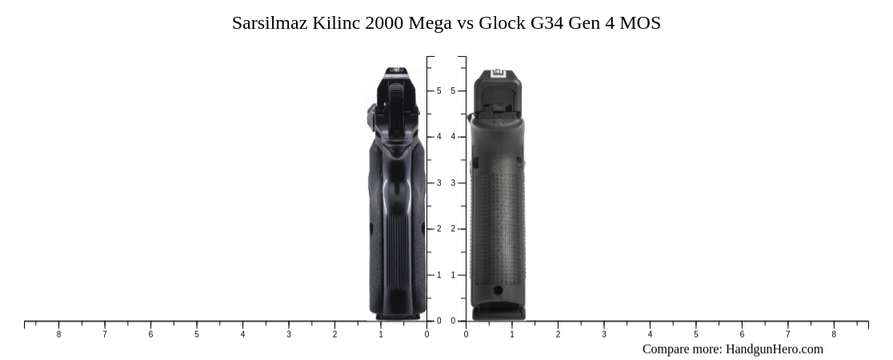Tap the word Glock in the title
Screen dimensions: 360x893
502,23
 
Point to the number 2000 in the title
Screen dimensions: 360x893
384,23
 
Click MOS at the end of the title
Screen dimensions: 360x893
640,23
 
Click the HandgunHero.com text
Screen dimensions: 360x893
774,349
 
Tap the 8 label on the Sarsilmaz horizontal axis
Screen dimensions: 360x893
58,334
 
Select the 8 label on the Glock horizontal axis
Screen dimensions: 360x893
834,334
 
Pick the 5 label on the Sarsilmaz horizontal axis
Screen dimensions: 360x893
197,334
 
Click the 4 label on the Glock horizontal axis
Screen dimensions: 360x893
650,334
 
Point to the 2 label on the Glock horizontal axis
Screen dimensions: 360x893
558,334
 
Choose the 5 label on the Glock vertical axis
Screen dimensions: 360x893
453,91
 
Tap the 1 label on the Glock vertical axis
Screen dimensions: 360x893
453,275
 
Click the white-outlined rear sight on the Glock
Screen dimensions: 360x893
497,74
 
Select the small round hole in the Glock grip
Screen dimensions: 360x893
498,290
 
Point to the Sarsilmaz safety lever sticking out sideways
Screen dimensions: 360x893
372,114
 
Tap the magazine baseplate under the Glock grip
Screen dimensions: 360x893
498,312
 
